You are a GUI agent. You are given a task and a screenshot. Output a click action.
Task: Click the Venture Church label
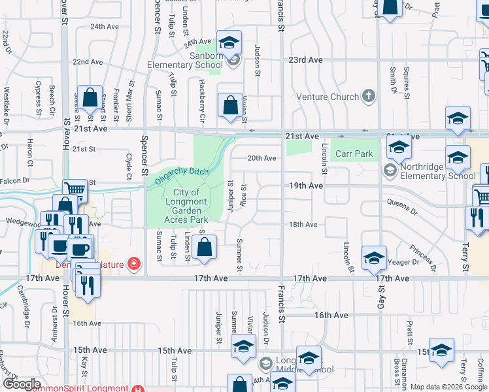[x=328, y=97]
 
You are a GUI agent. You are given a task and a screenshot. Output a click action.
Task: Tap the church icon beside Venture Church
[x=369, y=97]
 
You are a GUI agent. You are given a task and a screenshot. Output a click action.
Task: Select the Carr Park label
[x=354, y=154]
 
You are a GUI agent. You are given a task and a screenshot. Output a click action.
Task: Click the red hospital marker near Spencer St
[x=135, y=264]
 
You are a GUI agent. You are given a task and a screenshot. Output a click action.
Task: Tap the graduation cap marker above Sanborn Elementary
[x=229, y=43]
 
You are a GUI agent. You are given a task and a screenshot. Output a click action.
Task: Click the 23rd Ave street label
[x=307, y=59]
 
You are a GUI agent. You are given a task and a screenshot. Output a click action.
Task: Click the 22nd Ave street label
[x=88, y=62]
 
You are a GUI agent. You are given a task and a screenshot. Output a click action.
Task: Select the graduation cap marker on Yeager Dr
[x=374, y=258]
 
